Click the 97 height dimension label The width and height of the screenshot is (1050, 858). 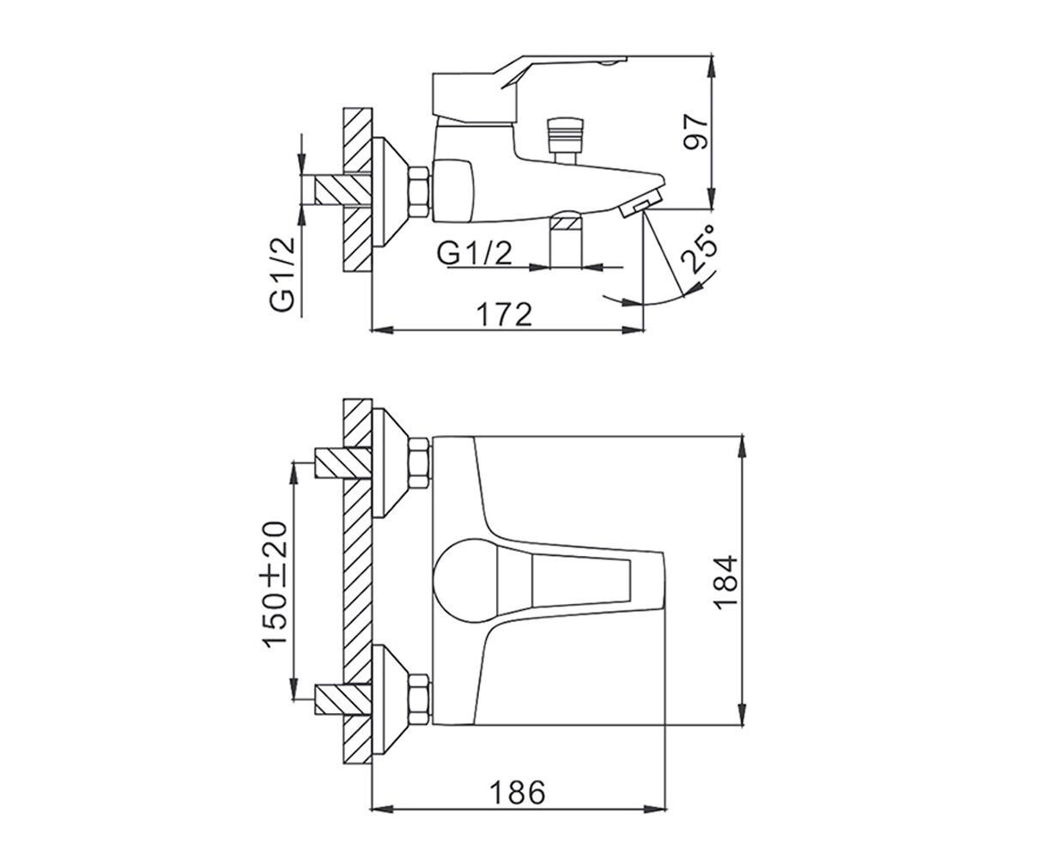[x=696, y=131]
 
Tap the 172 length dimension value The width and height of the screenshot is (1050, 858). [x=504, y=315]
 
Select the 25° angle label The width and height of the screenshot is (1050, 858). [x=701, y=254]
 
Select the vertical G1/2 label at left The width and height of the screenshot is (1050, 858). [x=282, y=275]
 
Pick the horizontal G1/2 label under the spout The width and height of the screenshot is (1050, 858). [x=475, y=253]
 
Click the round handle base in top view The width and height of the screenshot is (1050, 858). [x=465, y=581]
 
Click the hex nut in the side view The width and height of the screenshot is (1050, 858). [x=418, y=192]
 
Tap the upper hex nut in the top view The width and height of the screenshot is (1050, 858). [x=418, y=462]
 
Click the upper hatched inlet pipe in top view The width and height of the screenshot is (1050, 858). [x=343, y=462]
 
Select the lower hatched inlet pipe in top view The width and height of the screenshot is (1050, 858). [x=343, y=700]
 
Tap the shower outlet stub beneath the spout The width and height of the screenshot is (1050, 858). [x=566, y=239]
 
